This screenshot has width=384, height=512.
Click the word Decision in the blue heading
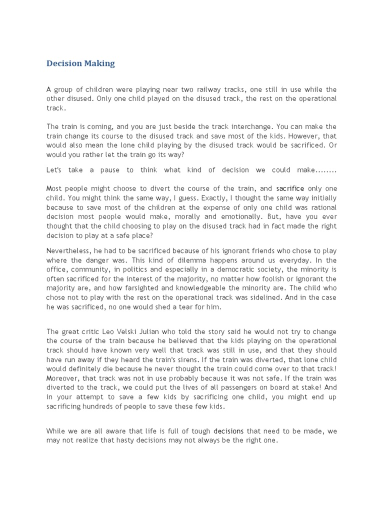(64, 63)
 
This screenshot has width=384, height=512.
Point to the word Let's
(54, 170)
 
